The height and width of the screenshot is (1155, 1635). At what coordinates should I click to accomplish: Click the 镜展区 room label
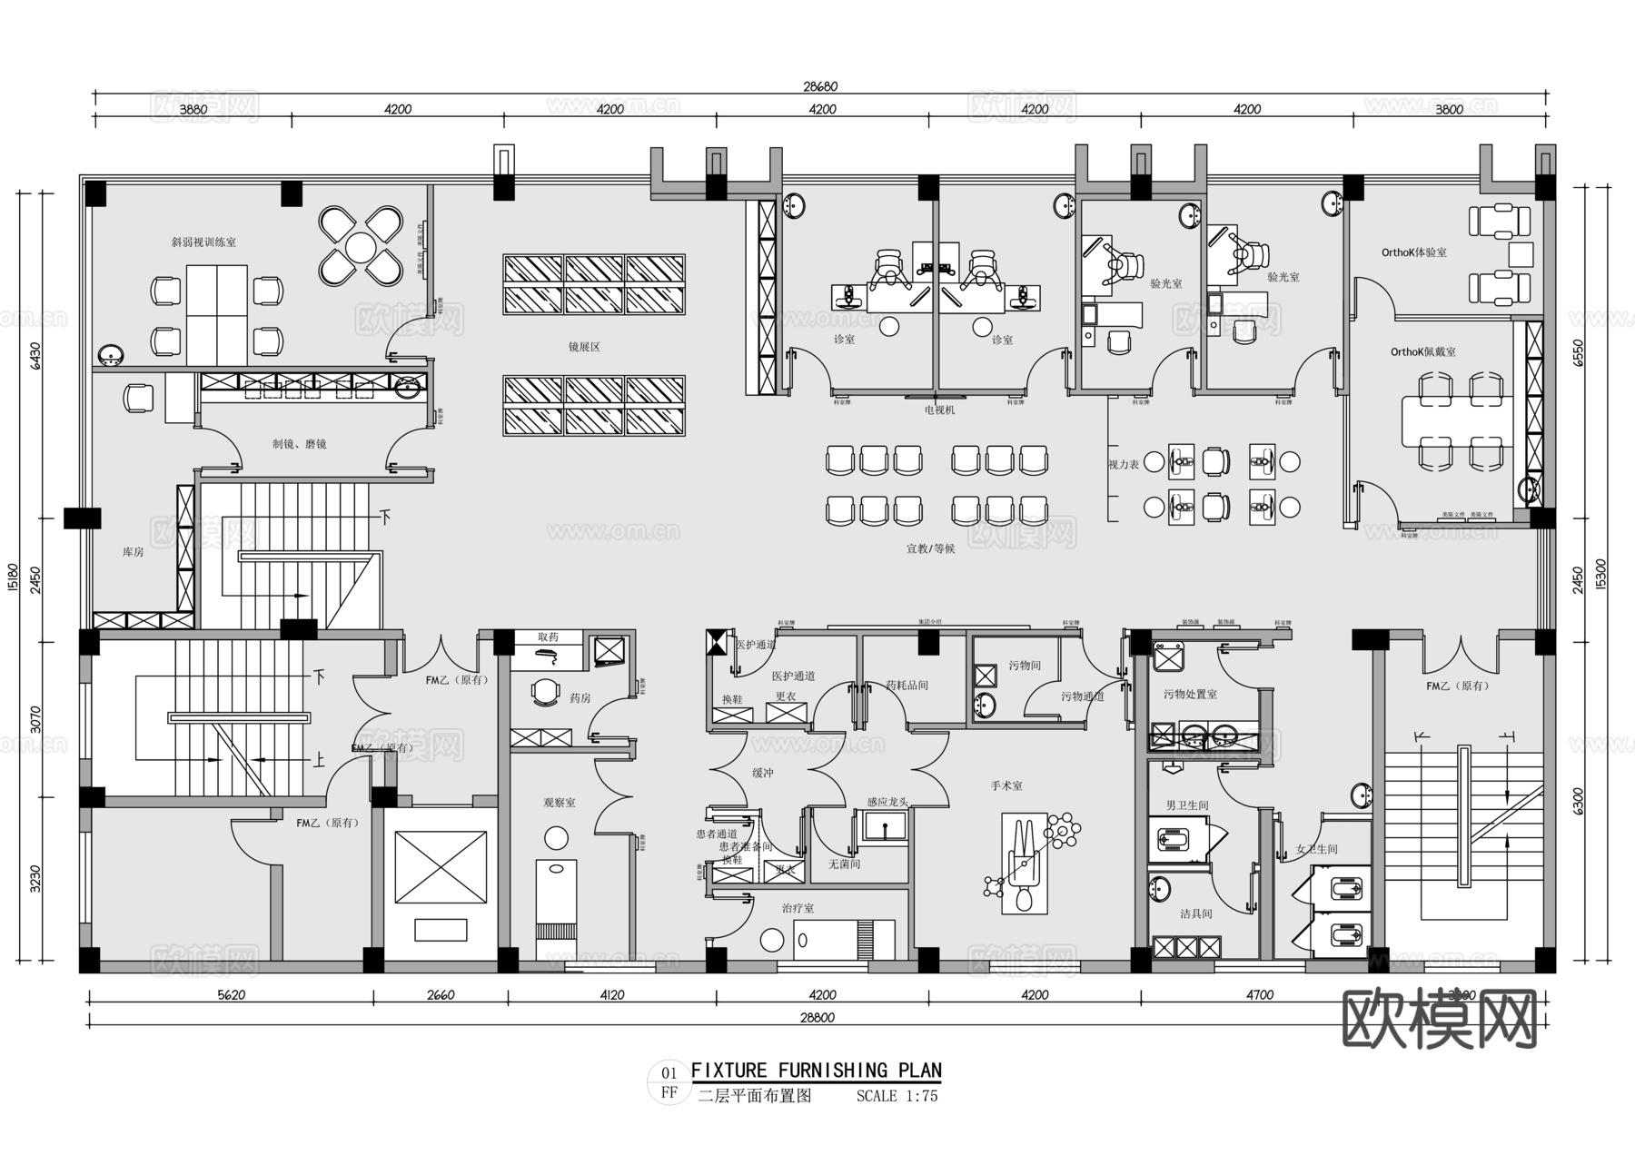584,347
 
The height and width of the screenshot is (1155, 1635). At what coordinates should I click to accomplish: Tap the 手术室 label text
1006,785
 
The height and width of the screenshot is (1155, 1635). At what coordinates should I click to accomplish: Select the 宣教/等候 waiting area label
930,548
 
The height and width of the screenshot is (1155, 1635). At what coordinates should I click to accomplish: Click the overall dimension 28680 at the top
819,87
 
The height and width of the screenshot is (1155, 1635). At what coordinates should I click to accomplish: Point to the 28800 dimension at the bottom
817,1018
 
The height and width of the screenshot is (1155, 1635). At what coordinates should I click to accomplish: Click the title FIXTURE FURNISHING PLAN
816,1071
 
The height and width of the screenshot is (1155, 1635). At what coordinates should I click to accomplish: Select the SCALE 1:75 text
897,1096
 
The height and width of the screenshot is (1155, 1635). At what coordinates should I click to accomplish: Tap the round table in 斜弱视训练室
361,245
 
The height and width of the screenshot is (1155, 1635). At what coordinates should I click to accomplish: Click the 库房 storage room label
133,552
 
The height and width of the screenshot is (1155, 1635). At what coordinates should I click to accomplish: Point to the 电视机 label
939,410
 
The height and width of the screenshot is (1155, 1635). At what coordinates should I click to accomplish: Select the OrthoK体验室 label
1413,252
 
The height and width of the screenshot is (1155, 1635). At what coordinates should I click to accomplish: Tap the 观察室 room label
559,803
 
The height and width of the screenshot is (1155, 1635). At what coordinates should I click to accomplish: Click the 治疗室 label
798,908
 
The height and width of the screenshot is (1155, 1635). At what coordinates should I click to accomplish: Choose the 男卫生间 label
1186,805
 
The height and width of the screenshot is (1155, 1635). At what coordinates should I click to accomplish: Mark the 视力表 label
1123,464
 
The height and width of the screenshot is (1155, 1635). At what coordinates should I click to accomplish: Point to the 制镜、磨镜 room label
299,444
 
